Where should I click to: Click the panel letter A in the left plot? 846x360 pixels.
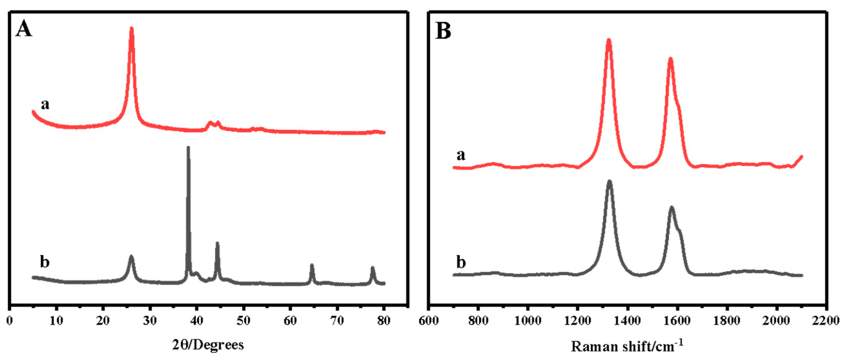coord(24,29)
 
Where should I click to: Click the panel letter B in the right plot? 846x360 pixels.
coord(443,32)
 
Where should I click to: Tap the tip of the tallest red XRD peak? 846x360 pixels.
coord(132,29)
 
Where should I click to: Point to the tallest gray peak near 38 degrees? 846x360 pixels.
coord(188,148)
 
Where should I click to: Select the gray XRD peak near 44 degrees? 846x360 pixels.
coord(217,244)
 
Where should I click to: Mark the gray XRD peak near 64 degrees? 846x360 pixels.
coord(312,265)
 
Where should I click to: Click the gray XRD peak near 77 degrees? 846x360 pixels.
coord(372,268)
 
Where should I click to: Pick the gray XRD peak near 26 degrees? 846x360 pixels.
coord(131,256)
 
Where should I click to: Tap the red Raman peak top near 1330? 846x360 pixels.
coord(609,41)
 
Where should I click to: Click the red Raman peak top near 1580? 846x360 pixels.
coord(670,60)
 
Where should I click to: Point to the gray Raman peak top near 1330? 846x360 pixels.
coord(610,182)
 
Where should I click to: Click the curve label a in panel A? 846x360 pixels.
coord(45,105)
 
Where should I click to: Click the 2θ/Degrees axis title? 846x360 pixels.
coord(208,345)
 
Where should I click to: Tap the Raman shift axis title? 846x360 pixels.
coord(627,346)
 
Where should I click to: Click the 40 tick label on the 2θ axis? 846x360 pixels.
coord(197,321)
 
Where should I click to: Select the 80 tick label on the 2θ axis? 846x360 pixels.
coord(384,321)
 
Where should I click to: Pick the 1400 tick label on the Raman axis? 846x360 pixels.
coord(627,321)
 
